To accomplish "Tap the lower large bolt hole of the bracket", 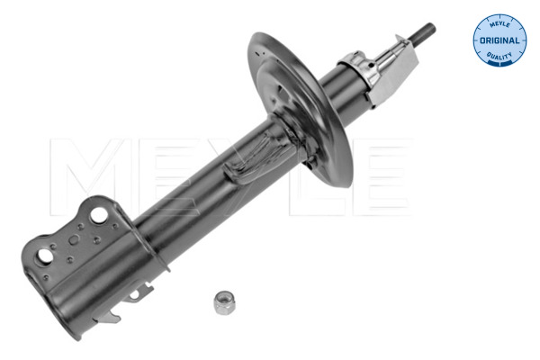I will (x=44, y=257).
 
